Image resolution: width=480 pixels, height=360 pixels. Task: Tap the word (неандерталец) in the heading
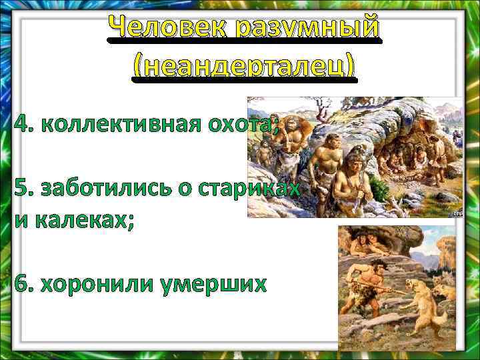coord(244,67)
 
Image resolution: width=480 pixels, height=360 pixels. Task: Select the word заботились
coord(110,189)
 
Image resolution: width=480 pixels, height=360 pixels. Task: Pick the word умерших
coord(213,285)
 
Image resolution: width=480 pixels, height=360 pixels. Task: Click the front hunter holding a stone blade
coord(353,181)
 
